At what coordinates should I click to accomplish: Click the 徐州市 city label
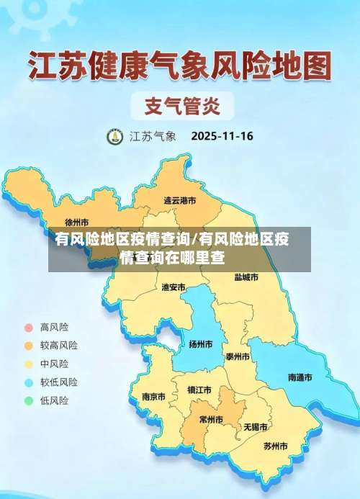coord(77,222)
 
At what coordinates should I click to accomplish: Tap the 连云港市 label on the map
coord(179,200)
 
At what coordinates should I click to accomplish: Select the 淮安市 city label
coord(174,287)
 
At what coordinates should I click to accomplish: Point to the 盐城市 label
coord(246,277)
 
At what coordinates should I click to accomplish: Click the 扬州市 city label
coord(200,344)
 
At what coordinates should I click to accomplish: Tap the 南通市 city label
coord(300,377)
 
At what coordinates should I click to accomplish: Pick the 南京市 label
coord(153,397)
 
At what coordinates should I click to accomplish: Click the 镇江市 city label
coord(199,390)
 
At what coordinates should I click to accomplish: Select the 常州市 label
coord(211,419)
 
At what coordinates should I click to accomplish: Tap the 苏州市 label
coord(275,446)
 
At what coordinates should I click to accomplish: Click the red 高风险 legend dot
coord(29,327)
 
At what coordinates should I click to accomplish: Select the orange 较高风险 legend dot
coord(29,346)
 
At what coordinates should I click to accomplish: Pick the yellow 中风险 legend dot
coord(29,364)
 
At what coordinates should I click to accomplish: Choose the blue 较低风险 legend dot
coord(29,382)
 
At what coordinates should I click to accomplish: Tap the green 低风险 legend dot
coord(29,400)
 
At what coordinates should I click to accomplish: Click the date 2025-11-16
coord(222,135)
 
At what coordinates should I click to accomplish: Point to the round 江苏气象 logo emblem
coord(115,136)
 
